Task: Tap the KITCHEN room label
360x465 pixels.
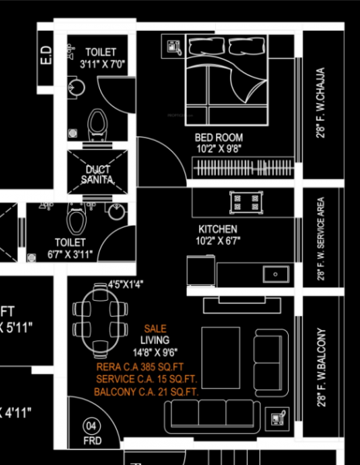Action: tap(218, 229)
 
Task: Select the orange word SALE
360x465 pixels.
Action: tap(155, 329)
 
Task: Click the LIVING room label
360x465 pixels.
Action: tap(155, 340)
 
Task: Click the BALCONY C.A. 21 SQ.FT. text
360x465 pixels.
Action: tap(146, 393)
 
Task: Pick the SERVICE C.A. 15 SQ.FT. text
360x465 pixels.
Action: tap(147, 380)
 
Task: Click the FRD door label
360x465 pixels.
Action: tap(92, 441)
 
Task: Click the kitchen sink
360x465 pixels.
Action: tap(274, 274)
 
